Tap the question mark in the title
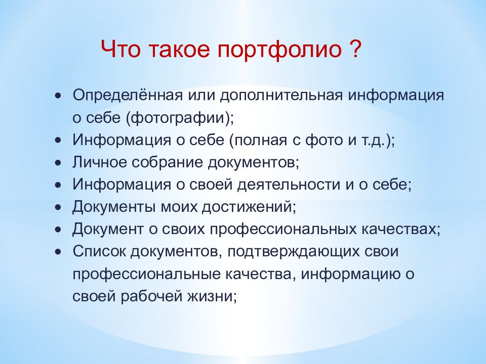354,51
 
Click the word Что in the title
121,51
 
